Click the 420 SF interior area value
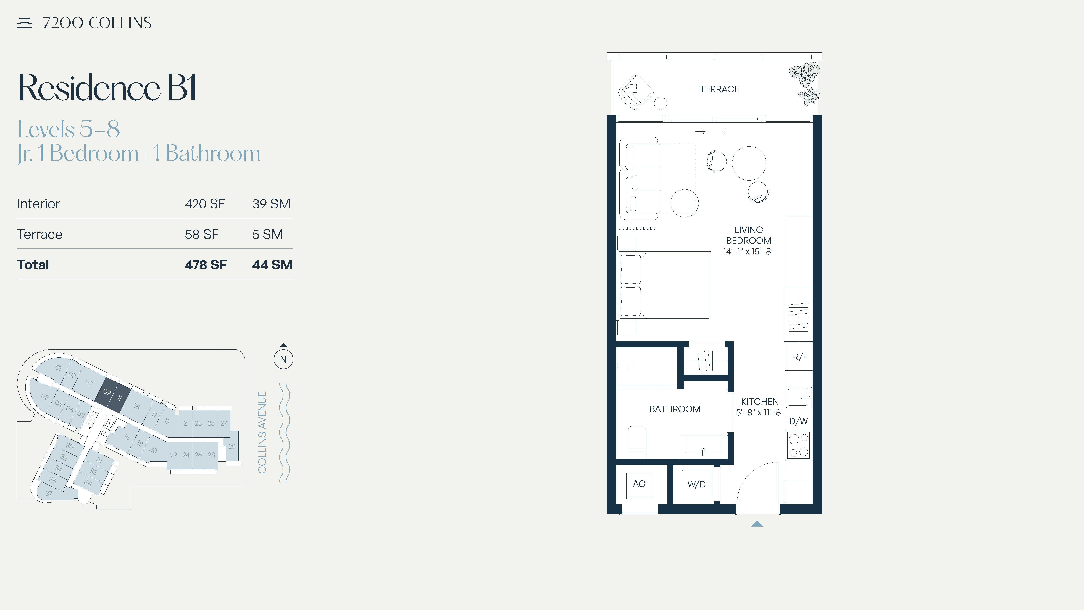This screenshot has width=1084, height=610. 205,204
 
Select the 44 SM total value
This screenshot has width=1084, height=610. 272,265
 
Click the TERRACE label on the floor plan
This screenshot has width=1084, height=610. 719,89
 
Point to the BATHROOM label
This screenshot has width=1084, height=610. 675,409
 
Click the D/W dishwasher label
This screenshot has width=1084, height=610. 798,421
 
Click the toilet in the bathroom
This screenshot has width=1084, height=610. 637,442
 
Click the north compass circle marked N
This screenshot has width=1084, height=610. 283,359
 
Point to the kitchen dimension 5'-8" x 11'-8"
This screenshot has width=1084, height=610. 760,412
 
